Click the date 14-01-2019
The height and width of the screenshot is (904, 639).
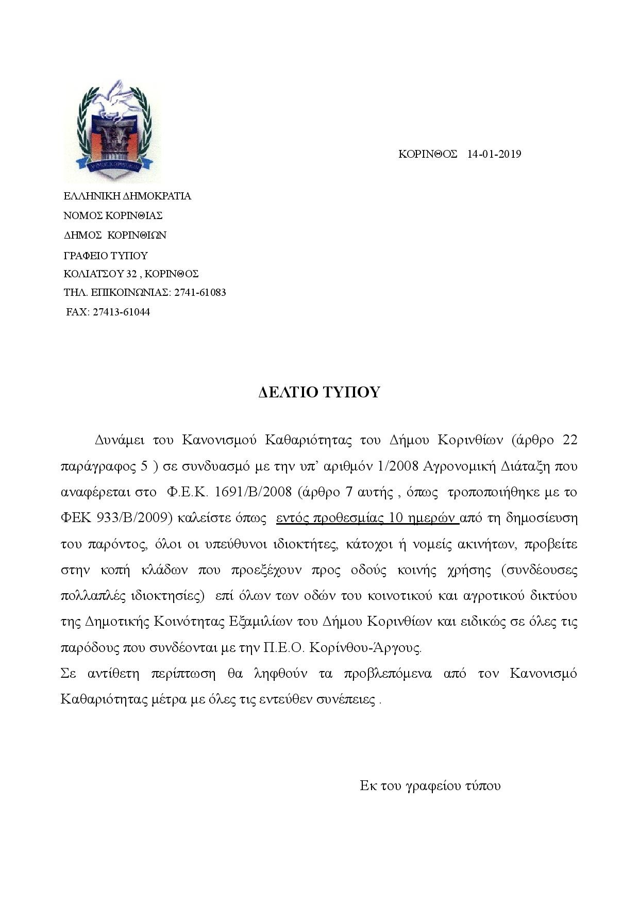click(494, 154)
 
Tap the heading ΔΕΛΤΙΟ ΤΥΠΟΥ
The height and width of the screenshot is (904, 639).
click(319, 392)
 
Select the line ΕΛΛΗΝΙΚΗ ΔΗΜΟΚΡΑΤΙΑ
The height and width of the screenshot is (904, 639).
click(127, 196)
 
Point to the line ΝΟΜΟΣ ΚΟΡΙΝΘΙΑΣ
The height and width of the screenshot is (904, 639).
click(113, 215)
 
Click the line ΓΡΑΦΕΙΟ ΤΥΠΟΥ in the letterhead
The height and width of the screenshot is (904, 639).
click(106, 256)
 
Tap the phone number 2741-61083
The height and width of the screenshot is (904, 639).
click(200, 293)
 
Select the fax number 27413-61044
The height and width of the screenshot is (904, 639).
click(121, 312)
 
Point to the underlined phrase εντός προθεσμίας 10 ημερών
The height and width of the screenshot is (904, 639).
click(367, 518)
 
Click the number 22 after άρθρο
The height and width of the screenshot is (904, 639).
click(569, 440)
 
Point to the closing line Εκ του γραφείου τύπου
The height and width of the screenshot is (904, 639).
click(430, 786)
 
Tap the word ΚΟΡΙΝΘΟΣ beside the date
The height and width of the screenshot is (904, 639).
click(428, 154)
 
